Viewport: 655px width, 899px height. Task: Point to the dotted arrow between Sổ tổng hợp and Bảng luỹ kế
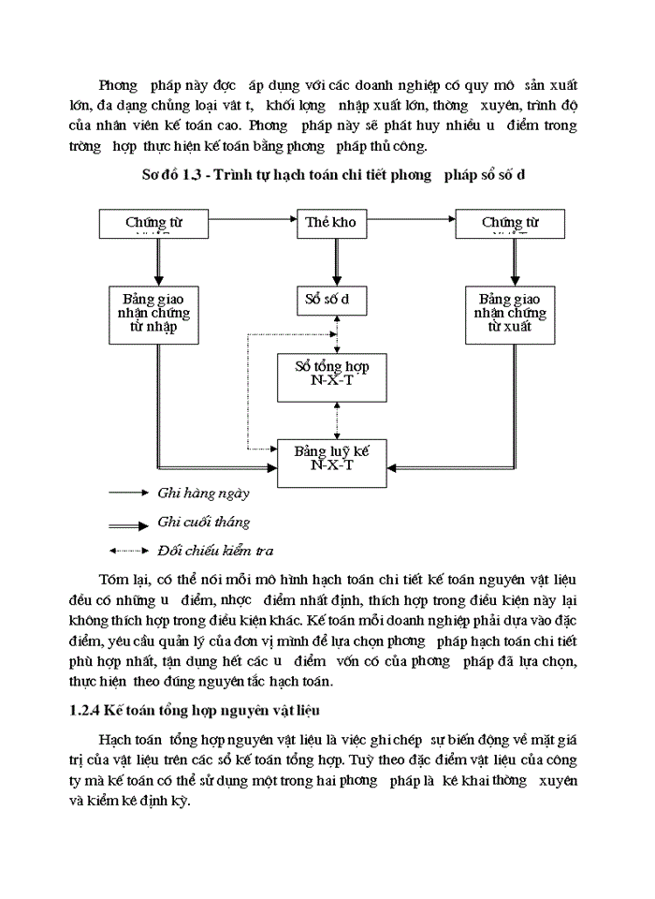(324, 419)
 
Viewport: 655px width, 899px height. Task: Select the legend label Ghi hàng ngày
(203, 492)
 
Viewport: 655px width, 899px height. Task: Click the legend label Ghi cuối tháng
(203, 522)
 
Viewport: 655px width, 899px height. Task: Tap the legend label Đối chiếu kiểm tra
(215, 552)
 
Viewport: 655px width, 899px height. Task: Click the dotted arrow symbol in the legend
(128, 551)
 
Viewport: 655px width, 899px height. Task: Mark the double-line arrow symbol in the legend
(128, 522)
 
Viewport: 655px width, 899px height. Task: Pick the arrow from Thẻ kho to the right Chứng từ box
(412, 224)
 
